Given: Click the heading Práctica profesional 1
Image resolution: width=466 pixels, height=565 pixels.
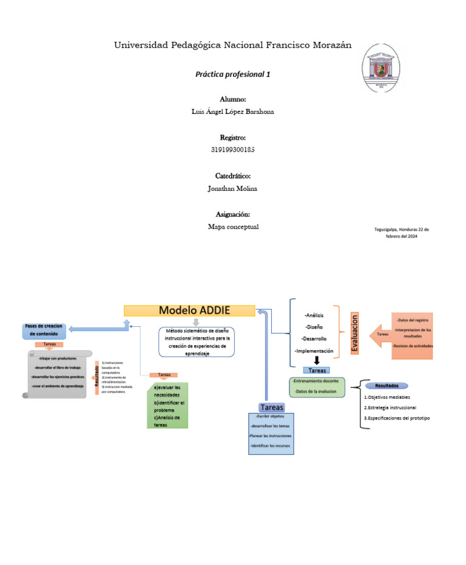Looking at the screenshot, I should [232, 75].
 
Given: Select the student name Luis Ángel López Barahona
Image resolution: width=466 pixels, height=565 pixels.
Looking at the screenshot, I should [232, 112].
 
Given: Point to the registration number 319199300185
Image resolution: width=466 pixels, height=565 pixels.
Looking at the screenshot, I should [232, 150].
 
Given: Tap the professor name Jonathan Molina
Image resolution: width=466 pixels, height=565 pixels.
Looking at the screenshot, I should [232, 189].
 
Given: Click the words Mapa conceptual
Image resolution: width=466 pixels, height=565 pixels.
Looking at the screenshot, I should [232, 227].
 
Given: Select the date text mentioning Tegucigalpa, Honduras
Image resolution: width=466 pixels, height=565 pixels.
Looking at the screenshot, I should [402, 233].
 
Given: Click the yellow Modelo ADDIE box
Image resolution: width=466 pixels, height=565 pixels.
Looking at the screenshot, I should [189, 310].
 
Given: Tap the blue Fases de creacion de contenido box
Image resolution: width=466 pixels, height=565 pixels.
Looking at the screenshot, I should [46, 330].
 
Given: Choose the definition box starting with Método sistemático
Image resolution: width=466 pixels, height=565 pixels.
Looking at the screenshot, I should [197, 343].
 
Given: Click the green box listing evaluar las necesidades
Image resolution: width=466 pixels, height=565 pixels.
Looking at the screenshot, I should [167, 406].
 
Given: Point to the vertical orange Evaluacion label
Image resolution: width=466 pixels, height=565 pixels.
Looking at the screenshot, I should [355, 333].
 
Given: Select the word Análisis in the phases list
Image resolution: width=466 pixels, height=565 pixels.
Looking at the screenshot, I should [314, 315].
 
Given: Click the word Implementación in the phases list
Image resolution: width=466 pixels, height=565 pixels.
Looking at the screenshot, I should [314, 351].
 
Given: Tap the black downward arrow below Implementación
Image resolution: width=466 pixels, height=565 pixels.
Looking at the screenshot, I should [316, 361].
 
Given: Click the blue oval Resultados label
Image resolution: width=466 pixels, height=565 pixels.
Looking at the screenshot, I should [387, 386].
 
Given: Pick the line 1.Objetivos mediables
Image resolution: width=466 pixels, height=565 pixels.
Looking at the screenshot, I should [387, 397].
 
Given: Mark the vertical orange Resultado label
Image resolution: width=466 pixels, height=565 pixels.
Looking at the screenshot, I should [97, 376].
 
